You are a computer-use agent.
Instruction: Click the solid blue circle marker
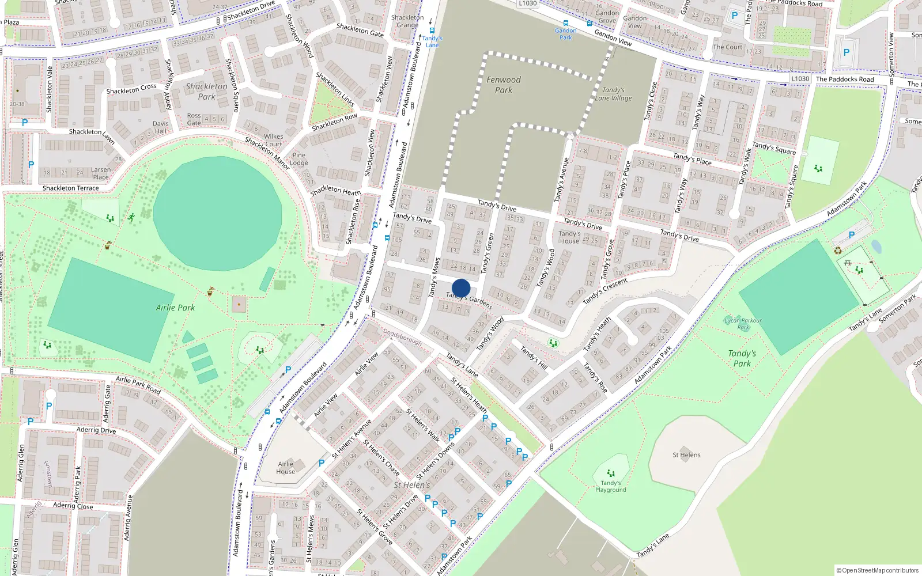pos(461,288)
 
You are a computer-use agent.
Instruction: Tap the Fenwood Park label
pos(504,85)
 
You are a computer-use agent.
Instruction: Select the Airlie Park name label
pos(175,308)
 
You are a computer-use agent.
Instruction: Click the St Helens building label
pos(686,455)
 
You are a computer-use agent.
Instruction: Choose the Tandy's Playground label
pos(610,486)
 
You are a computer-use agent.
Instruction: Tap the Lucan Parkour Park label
pos(743,324)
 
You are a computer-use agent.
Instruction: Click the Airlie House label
pos(286,468)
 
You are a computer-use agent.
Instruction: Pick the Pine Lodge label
pos(298,159)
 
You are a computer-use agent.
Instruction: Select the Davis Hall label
pos(161,127)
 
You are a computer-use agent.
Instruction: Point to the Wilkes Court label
pos(273,141)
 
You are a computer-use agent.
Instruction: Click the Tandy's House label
pos(569,237)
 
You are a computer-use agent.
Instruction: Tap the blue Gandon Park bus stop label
pos(566,34)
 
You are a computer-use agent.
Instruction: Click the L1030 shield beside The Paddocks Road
pos(800,79)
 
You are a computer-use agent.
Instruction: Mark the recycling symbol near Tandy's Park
pos(838,251)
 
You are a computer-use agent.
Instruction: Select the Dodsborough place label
pos(402,337)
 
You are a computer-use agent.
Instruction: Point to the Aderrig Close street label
pos(73,506)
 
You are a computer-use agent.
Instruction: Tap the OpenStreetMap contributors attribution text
pos(877,570)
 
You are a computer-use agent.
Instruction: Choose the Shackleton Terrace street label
pos(70,188)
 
